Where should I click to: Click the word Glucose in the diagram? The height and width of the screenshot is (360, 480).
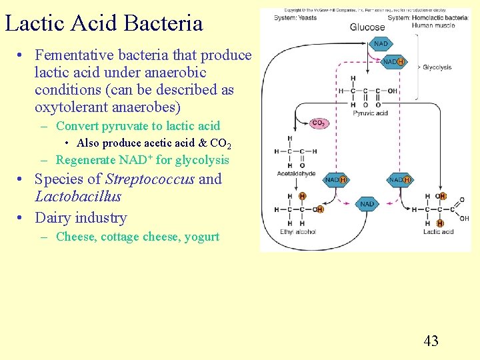pos(367,27)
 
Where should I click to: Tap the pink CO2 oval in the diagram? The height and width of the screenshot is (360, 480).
pos(318,123)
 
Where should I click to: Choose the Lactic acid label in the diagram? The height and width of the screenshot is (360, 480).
pos(438,232)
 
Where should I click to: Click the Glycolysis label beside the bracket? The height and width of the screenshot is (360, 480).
pos(437,67)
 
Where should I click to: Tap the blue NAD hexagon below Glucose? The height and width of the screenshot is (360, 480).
pos(381,44)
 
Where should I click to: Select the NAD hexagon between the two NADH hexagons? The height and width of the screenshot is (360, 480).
pos(367,204)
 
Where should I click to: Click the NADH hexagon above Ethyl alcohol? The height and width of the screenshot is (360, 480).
pos(335,180)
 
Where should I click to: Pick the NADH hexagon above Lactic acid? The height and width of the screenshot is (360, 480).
pos(399,180)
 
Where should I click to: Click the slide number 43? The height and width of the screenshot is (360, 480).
pos(431,341)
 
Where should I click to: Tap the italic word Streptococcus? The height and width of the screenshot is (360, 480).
pos(150,179)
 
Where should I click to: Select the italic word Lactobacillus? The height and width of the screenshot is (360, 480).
pos(77,196)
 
